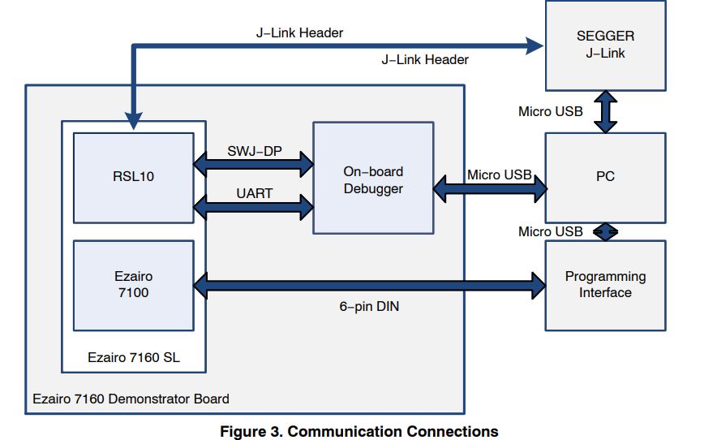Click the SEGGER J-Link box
pyautogui.click(x=605, y=45)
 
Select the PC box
pyautogui.click(x=605, y=177)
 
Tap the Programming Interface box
pyautogui.click(x=605, y=284)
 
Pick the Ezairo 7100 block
pyautogui.click(x=134, y=284)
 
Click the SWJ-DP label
pyautogui.click(x=254, y=151)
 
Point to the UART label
pyautogui.click(x=254, y=194)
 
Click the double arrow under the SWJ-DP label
pyautogui.click(x=254, y=165)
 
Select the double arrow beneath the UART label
pyautogui.click(x=254, y=207)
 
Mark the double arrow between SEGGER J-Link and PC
pyautogui.click(x=605, y=112)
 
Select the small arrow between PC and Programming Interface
pyautogui.click(x=605, y=231)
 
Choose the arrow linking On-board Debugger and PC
pyautogui.click(x=490, y=189)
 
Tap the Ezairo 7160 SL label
pyautogui.click(x=133, y=356)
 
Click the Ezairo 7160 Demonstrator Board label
pyautogui.click(x=131, y=399)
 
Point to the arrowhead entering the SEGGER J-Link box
pyautogui.click(x=533, y=46)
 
